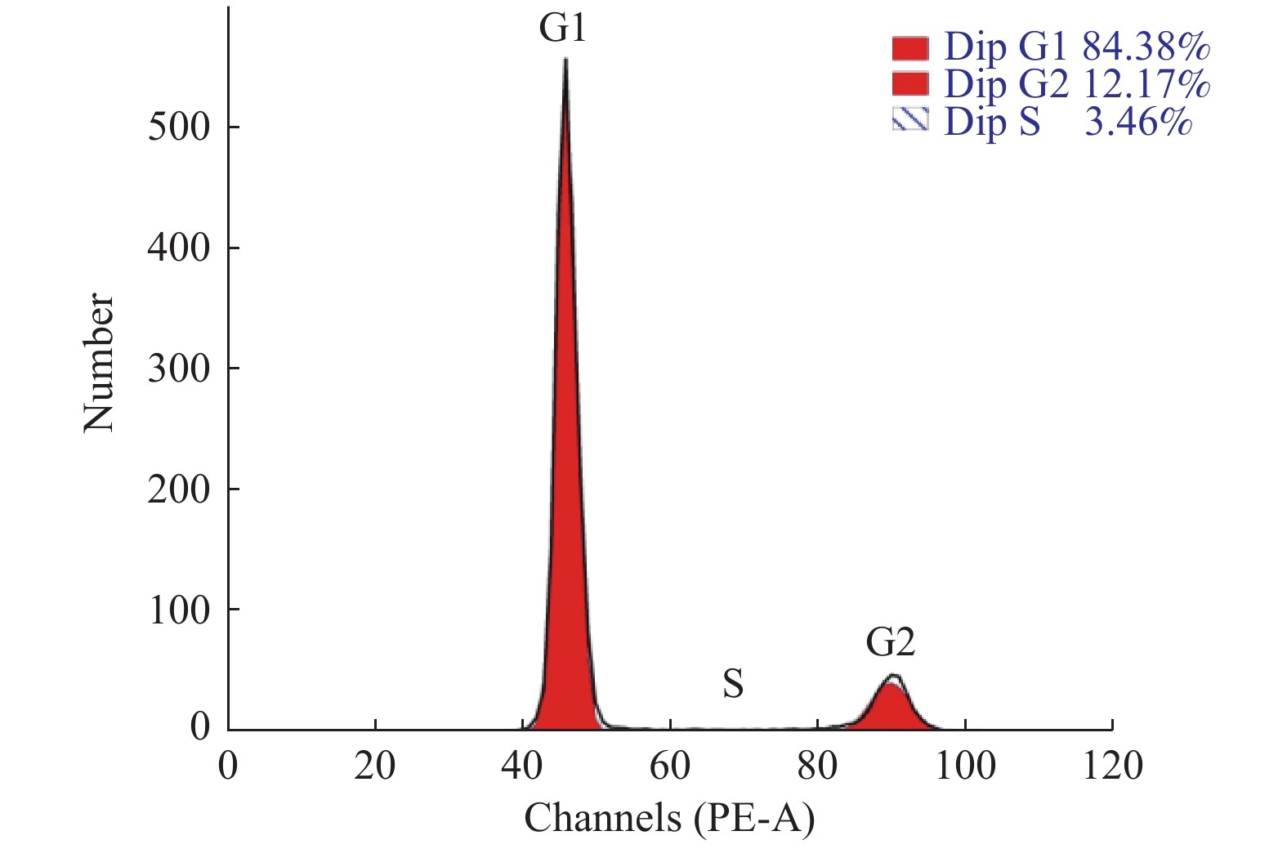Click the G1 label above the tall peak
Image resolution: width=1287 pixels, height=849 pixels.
[563, 29]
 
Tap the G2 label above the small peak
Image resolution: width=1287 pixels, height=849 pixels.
[891, 643]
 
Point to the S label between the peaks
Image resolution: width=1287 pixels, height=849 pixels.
[733, 684]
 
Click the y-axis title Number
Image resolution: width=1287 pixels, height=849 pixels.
[99, 363]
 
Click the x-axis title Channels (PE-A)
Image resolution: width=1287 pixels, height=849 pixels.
[669, 817]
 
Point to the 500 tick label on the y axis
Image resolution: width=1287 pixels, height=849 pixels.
[178, 127]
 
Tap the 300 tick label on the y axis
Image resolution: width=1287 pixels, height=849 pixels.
[178, 369]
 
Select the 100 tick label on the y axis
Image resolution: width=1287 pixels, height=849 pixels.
[178, 610]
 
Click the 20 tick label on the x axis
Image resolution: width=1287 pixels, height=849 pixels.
[375, 766]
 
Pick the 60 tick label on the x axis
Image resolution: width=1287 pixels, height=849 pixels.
[670, 766]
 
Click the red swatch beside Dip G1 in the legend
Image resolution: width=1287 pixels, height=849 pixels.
[910, 48]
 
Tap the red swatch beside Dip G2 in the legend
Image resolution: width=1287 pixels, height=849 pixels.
[910, 84]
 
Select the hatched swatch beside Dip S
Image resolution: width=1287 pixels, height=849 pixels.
[910, 121]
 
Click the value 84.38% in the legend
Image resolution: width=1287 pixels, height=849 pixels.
[1146, 48]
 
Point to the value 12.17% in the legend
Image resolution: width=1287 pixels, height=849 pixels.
[1146, 84]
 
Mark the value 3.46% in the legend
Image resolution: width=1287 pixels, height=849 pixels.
[1137, 122]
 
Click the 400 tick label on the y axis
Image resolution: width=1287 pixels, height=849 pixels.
[178, 248]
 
